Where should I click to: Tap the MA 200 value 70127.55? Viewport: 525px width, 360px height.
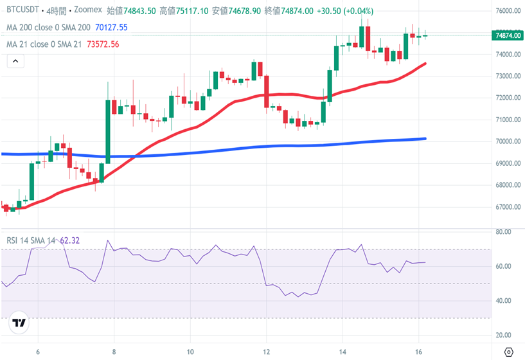tap(111, 28)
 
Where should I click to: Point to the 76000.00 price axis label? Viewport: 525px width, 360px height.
tap(508, 11)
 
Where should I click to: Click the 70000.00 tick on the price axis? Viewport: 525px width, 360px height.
tap(508, 141)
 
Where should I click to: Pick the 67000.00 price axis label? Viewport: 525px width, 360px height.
tap(508, 207)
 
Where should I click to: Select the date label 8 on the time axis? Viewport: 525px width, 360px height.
tap(114, 352)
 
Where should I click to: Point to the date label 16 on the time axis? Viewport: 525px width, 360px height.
tap(418, 352)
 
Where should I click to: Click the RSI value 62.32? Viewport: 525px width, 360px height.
tap(69, 240)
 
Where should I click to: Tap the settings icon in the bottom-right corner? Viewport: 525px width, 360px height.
tap(509, 352)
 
